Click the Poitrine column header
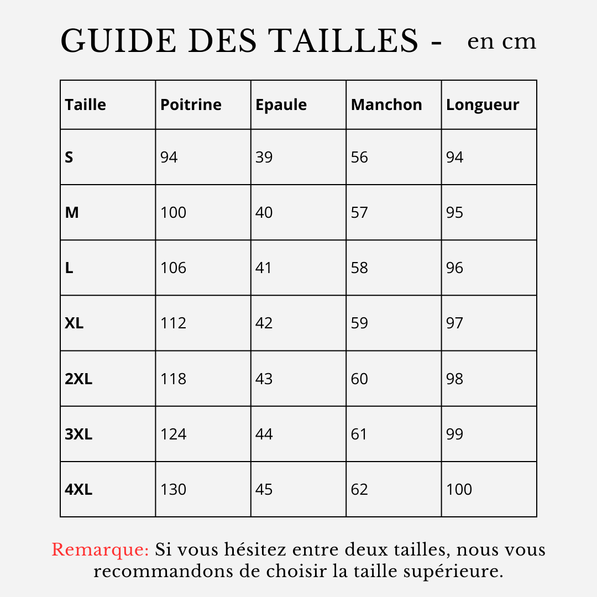coord(191,104)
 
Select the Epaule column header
coord(281,104)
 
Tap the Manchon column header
coord(386,104)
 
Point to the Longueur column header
coord(483,105)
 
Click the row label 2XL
coord(78,379)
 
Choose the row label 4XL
coord(78,489)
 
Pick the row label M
coord(72,213)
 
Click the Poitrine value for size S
coord(169,158)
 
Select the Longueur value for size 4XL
coord(459,489)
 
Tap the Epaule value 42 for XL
coord(264,323)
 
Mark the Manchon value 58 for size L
coord(359,268)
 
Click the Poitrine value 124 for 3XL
coord(174,434)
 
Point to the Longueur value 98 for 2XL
coord(455,379)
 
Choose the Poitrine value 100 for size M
coord(174,213)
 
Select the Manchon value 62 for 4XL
coord(359,489)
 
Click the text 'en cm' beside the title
coord(501,41)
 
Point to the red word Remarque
coord(100,550)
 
